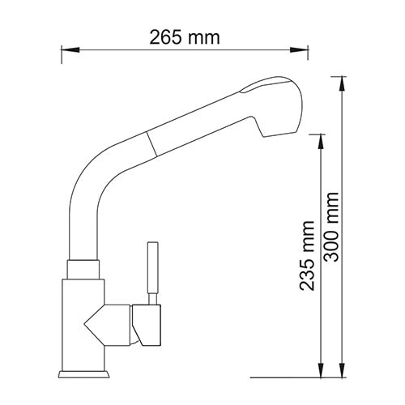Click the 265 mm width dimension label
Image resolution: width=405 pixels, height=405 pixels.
click(x=185, y=37)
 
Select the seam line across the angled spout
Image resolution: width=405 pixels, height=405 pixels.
click(x=148, y=147)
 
